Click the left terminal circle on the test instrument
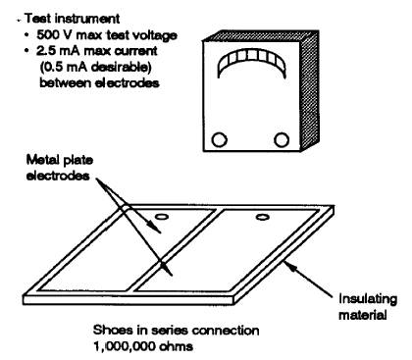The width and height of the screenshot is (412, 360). tap(219, 139)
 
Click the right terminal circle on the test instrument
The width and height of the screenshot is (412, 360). tap(281, 139)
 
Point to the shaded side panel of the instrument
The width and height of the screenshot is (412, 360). tap(310, 90)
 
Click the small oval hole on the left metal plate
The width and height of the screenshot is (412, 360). tap(161, 217)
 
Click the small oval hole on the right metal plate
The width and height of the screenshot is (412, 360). tap(263, 217)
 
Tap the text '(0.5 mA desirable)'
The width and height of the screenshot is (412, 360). tap(96, 67)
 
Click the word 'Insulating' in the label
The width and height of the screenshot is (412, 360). tap(368, 299)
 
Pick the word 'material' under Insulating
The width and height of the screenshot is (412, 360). tap(363, 315)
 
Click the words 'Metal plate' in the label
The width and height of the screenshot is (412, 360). tap(60, 160)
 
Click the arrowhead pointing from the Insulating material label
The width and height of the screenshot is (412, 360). tap(290, 267)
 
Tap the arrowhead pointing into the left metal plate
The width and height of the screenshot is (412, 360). tap(156, 228)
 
